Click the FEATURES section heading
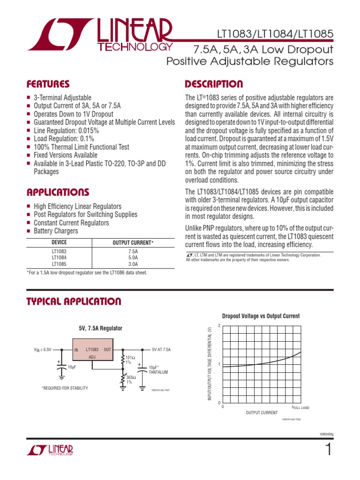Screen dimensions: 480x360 pyautogui.click(x=48, y=84)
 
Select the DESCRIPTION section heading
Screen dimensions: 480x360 pyautogui.click(x=214, y=84)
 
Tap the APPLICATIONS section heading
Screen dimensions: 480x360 pyautogui.click(x=57, y=193)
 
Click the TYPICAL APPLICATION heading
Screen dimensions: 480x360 pyautogui.click(x=74, y=301)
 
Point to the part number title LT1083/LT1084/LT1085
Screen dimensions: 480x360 pyautogui.click(x=275, y=34)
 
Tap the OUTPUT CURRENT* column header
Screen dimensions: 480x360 pyautogui.click(x=133, y=243)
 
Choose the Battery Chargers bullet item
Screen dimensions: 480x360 pyautogui.click(x=56, y=231)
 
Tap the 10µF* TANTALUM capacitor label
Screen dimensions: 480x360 pyautogui.click(x=158, y=370)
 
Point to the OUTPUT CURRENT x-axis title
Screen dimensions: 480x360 pyautogui.click(x=262, y=412)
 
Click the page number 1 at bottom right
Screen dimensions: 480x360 pyautogui.click(x=328, y=450)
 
